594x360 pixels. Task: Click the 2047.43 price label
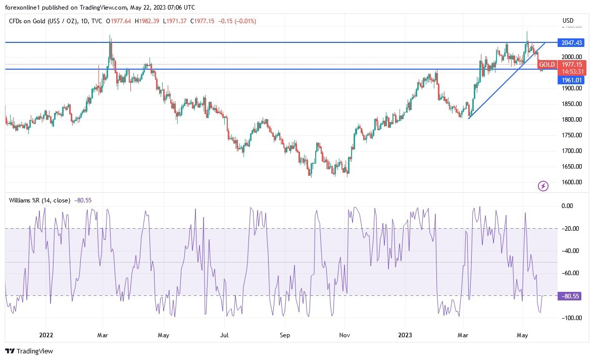tap(570, 42)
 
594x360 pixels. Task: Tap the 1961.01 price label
tap(570, 80)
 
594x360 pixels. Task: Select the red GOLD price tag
tap(547, 65)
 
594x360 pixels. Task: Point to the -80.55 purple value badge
tap(570, 296)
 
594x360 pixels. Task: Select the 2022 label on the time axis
tap(46, 334)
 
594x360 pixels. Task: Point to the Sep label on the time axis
tap(285, 334)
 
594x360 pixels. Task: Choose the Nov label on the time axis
tap(344, 334)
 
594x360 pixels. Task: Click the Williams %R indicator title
tap(40, 200)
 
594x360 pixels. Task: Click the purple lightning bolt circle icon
tap(543, 186)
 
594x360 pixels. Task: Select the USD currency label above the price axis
tap(568, 21)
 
